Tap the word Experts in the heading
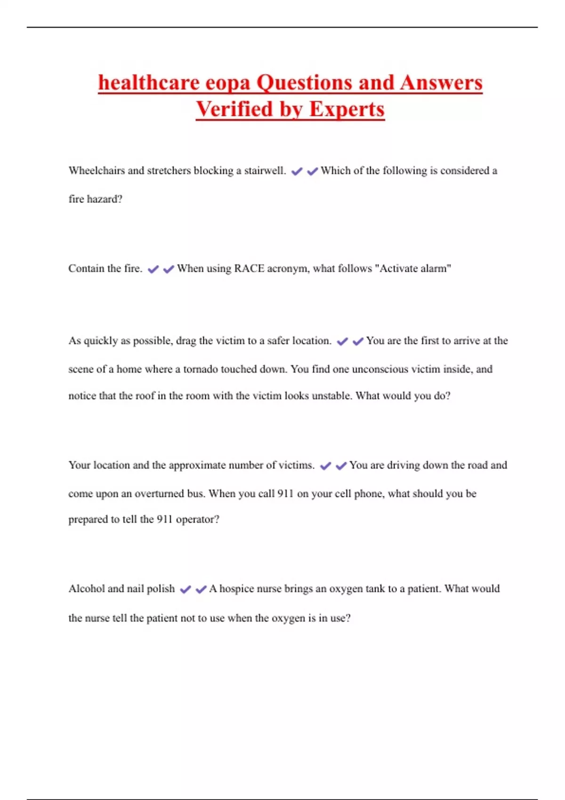(x=347, y=109)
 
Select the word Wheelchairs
(x=97, y=170)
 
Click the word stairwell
(x=265, y=170)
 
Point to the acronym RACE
(x=249, y=269)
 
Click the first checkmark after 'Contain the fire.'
(x=153, y=269)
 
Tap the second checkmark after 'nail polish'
(x=201, y=589)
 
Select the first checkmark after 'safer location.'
(x=342, y=341)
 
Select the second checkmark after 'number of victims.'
(x=341, y=465)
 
